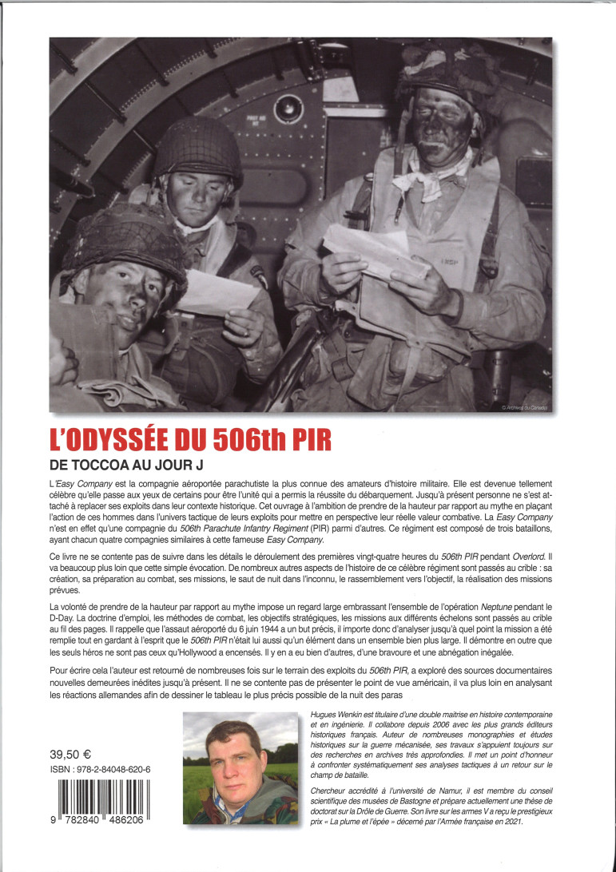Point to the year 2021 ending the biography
pyautogui.click(x=510, y=834)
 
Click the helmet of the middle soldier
pyautogui.click(x=197, y=148)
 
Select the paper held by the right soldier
pyautogui.click(x=375, y=252)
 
